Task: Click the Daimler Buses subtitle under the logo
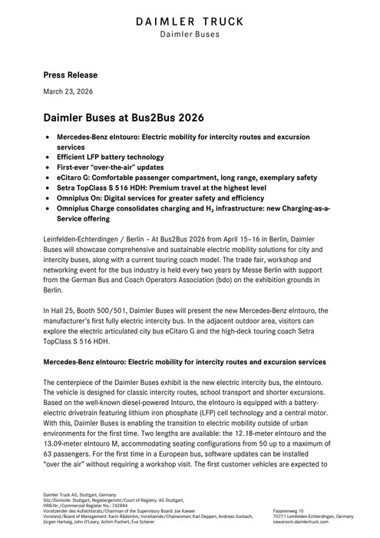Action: point(190,34)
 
